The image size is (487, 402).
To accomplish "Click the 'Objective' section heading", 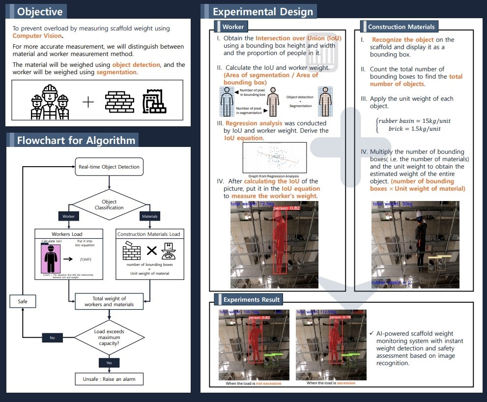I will coord(39,11).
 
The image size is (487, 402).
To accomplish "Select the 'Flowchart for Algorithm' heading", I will coord(76,140).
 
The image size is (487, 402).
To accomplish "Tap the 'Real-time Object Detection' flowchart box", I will coord(109,167).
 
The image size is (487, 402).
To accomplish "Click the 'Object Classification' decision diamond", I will coord(109,204).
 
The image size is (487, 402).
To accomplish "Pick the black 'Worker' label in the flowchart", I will coord(68,216).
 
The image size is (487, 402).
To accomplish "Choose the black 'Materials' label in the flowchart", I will coord(149,216).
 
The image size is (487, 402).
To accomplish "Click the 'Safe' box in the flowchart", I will coord(23,301).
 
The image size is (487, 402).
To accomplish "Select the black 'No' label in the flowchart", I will coord(53,338).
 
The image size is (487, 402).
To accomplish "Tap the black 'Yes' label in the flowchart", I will coord(109,363).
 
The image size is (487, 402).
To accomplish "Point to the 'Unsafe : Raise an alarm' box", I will coord(109,379).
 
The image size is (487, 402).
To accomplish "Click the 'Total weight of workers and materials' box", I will coord(109,301).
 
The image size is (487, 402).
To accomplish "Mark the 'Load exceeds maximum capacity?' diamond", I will coord(109,338).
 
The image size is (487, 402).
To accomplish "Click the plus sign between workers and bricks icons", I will coord(88,102).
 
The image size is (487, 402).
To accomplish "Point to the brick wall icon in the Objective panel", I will coord(119,102).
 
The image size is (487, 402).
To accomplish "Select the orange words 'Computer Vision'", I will coord(37,35).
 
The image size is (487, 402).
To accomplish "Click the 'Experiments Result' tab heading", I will coord(251,299).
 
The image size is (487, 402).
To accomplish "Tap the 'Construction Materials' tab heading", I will coord(401,27).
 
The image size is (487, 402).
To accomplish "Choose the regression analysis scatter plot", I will coord(275,158).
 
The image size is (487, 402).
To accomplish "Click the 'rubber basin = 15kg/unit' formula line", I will coord(414,121).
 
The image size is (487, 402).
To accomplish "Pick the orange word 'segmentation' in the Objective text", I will coord(116,72).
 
